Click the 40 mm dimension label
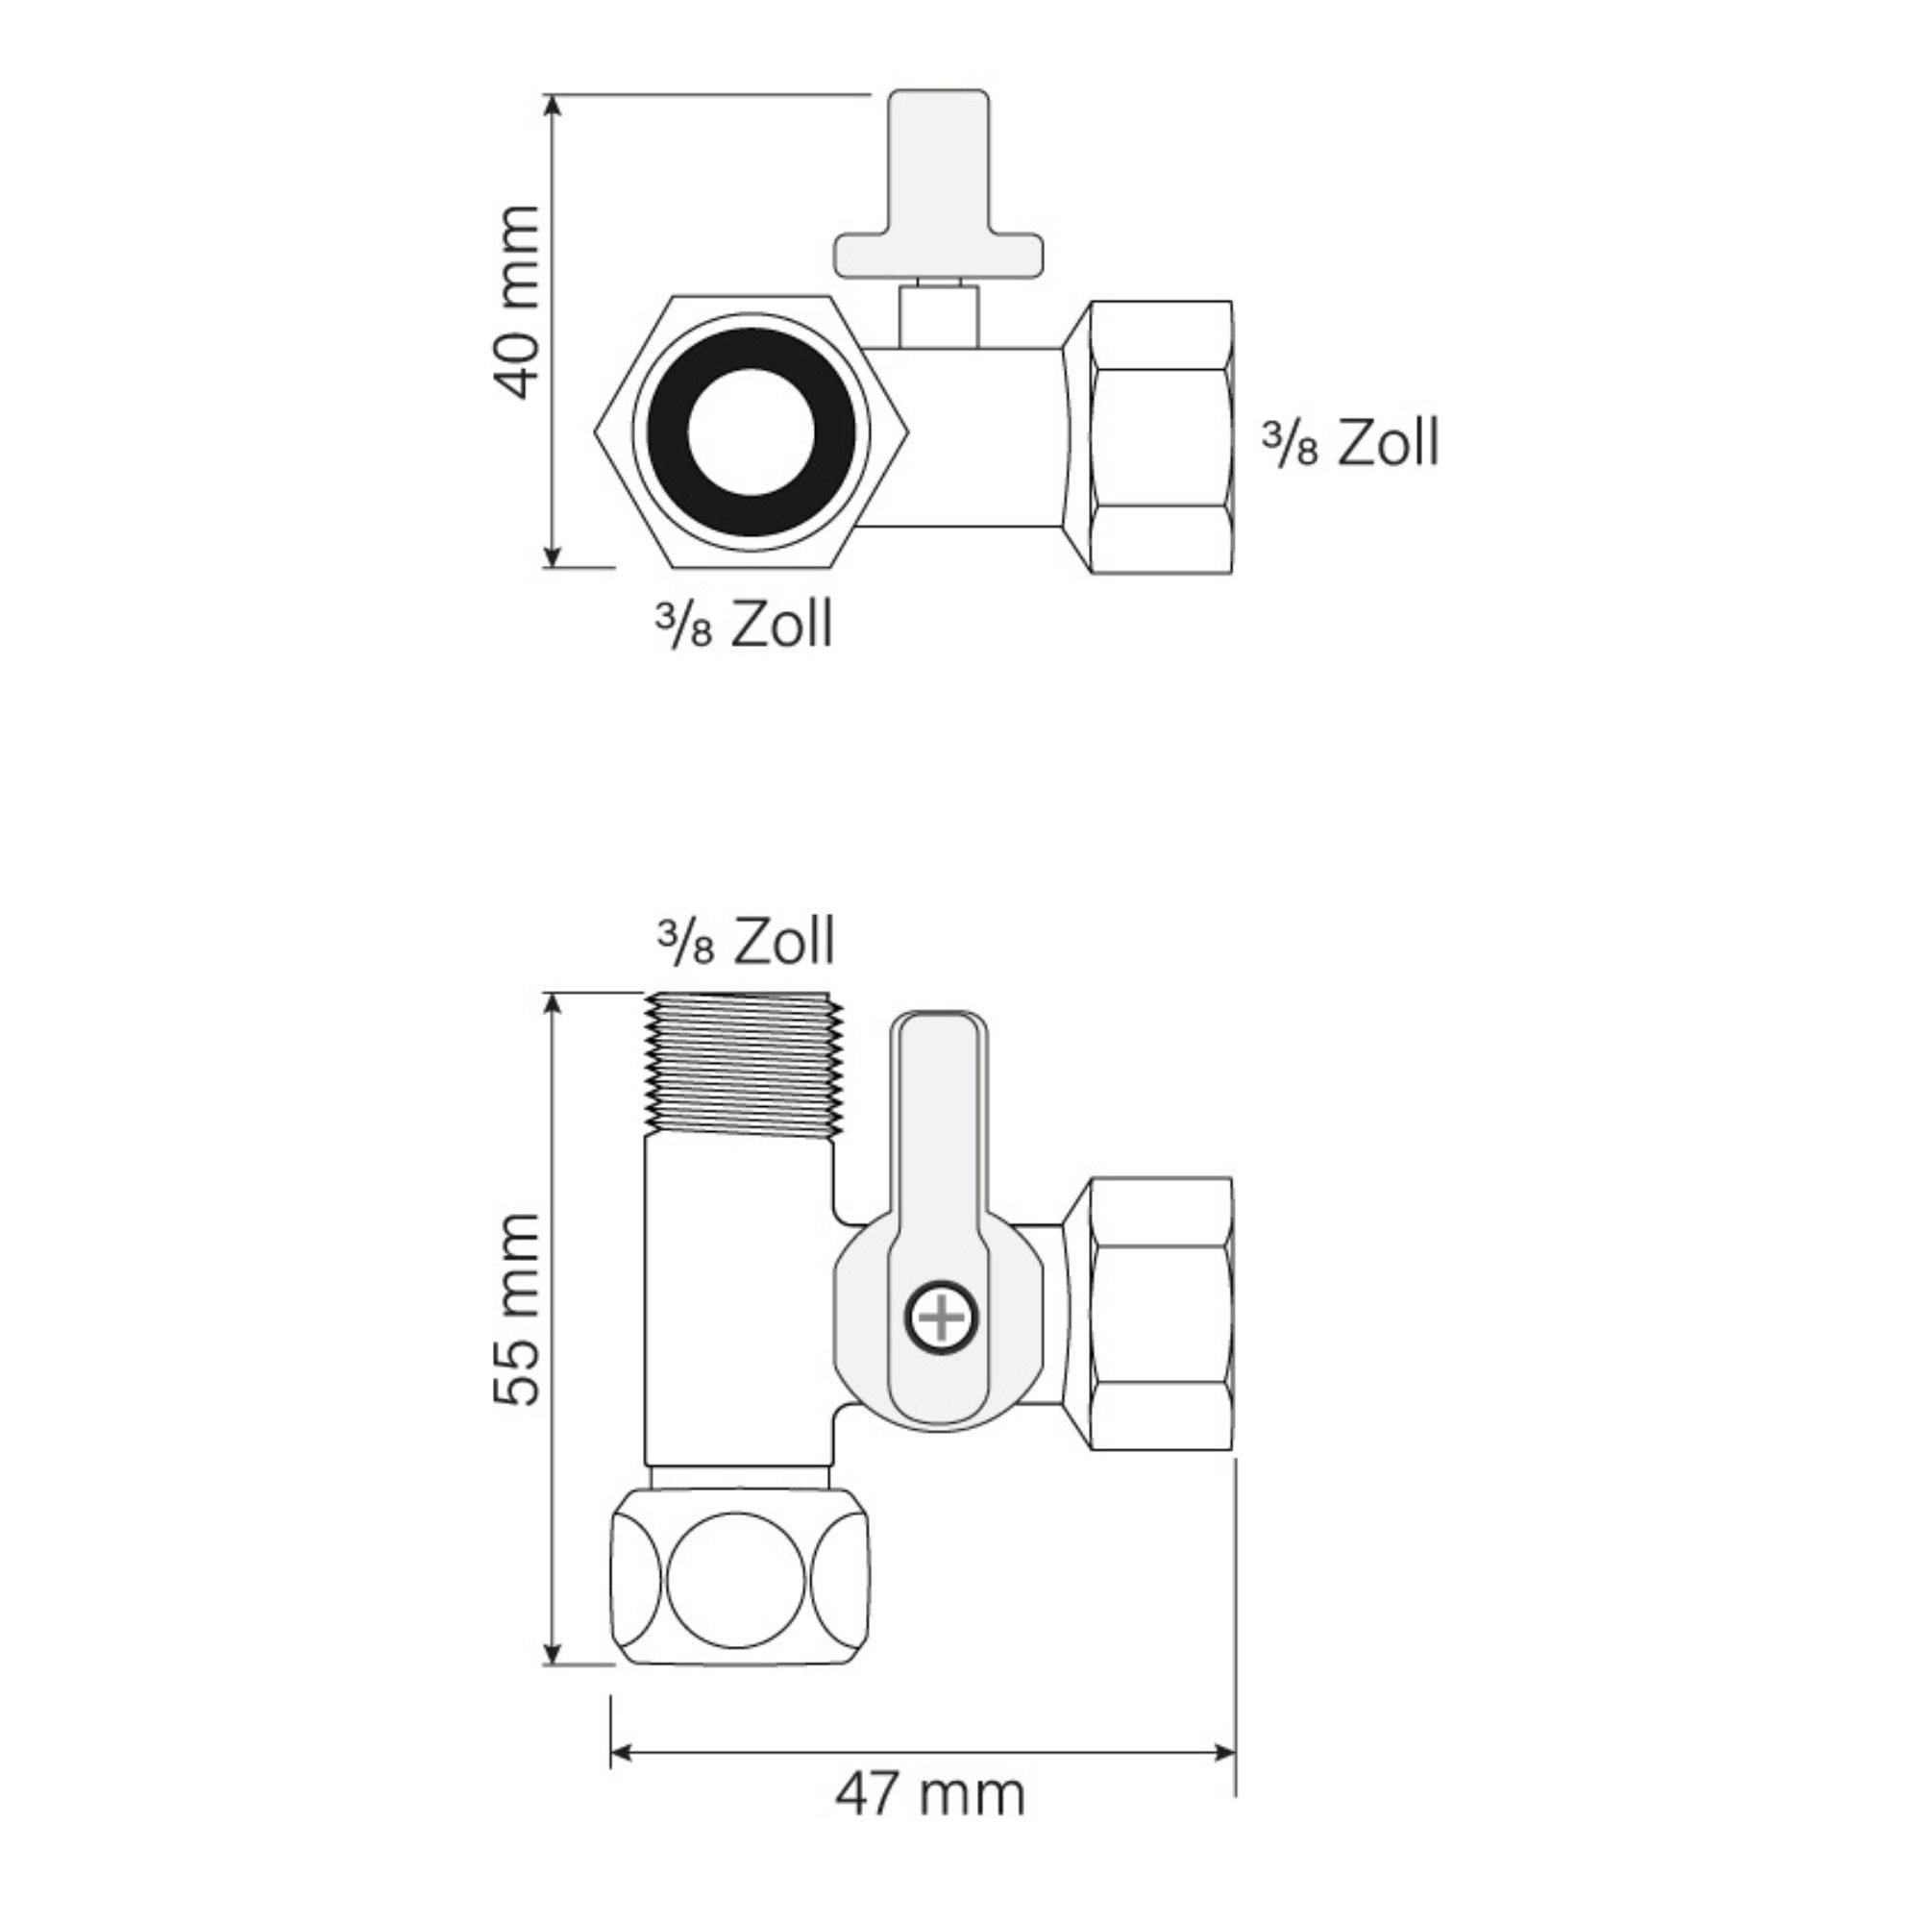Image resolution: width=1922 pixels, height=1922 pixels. tap(517, 303)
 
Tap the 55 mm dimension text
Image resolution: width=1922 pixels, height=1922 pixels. tap(517, 1309)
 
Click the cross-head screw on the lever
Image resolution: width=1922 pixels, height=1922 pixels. tap(941, 1318)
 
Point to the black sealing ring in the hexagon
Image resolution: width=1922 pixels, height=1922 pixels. tap(752, 431)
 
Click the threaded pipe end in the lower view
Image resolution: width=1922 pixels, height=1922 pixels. tap(744, 1064)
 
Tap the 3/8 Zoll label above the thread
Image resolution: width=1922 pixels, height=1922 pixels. tap(745, 941)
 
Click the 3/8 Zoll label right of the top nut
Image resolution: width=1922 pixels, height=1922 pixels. tap(1351, 442)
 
